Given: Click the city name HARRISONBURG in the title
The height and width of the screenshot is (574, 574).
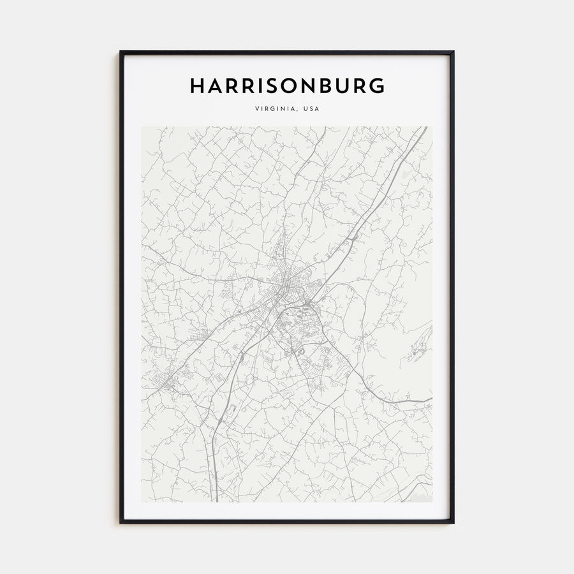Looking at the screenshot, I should [x=287, y=85].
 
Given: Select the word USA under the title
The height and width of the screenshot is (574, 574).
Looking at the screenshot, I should [x=311, y=108].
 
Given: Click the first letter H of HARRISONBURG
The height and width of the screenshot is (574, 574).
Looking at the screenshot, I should [x=197, y=85].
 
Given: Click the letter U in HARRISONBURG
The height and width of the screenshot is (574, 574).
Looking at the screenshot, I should [x=344, y=85].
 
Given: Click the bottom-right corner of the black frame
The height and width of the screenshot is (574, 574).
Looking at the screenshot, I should [x=453, y=522].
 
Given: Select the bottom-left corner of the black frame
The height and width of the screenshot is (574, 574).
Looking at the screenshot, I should [x=121, y=522].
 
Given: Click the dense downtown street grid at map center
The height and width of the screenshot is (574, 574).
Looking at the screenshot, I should [x=285, y=281].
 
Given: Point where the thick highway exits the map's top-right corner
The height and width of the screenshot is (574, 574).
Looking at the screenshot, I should [x=425, y=128].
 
